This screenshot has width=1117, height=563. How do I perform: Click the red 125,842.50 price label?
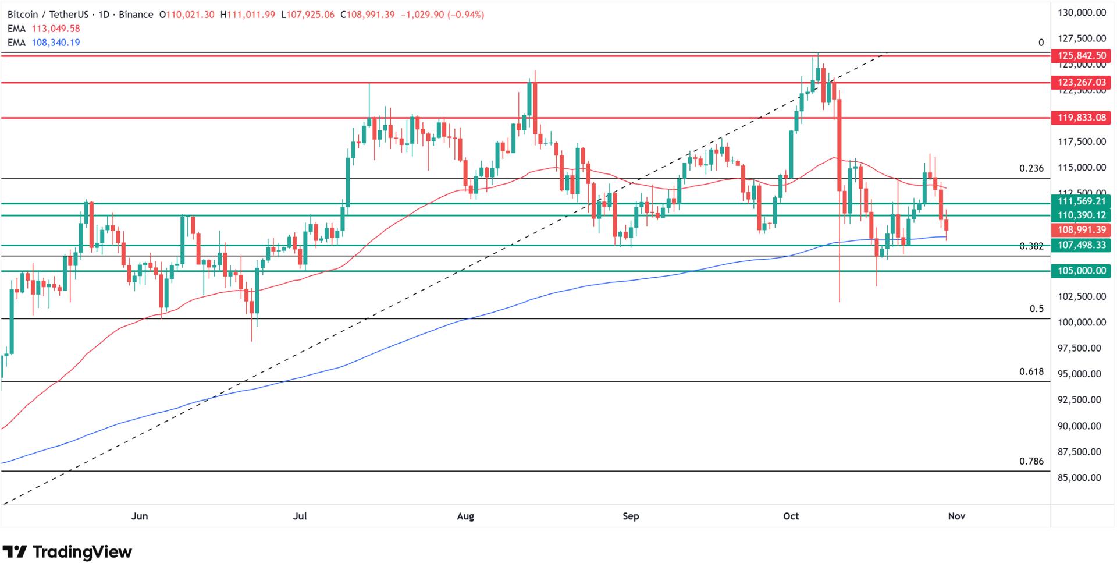[1081, 56]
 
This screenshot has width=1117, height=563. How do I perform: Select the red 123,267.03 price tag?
[1081, 83]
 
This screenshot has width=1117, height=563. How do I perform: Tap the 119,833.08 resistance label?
[1081, 118]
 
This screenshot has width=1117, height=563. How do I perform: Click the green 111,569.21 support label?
[1081, 201]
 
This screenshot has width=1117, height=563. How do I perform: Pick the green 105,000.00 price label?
[1081, 271]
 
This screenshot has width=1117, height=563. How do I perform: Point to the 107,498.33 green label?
[1081, 245]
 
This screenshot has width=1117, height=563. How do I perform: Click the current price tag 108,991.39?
[1081, 230]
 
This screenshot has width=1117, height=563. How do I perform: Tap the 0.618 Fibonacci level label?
[1031, 371]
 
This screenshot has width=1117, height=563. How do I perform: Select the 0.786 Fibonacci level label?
[1031, 461]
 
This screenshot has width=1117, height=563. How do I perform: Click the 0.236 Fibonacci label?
[1031, 169]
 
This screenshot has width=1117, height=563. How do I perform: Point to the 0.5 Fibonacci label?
[1036, 309]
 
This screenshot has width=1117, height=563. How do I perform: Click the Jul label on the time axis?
[300, 516]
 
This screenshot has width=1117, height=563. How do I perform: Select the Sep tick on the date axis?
[631, 516]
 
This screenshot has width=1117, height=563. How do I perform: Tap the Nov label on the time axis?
[956, 516]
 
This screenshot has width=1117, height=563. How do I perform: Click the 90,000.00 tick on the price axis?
[1079, 426]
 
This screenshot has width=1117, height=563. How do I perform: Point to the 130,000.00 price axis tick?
[1079, 13]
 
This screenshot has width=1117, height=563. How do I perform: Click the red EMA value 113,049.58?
[56, 29]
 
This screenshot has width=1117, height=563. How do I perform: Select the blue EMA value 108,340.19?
[56, 43]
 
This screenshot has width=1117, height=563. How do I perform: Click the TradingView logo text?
[82, 551]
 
